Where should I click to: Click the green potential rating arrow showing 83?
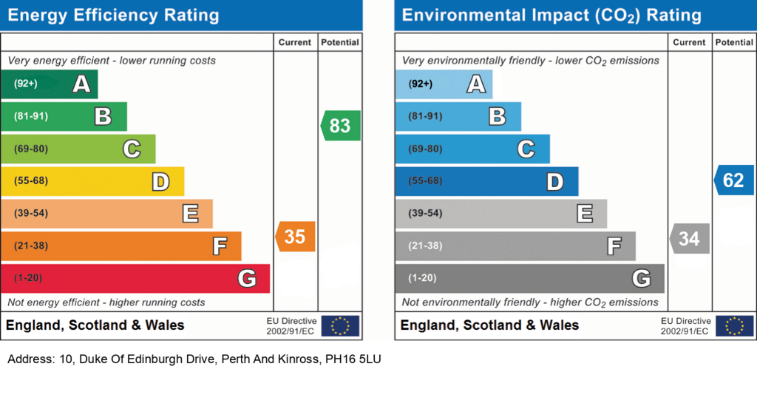[340, 126]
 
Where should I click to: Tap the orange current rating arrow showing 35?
[295, 237]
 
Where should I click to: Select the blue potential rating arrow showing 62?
[734, 180]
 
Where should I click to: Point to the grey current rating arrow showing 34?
[690, 238]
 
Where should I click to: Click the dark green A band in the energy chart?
[50, 84]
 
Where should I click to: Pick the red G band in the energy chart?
[135, 278]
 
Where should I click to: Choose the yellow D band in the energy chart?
[92, 181]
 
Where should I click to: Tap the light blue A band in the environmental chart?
[444, 84]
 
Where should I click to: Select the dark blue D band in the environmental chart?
[486, 181]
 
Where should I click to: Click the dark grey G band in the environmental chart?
[529, 278]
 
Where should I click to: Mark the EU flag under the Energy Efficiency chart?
[340, 326]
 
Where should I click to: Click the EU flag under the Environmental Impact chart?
[735, 326]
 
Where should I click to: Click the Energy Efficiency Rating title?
[113, 15]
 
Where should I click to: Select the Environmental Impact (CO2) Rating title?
[551, 16]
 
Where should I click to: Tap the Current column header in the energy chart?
[294, 42]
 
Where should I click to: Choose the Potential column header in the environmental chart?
[734, 42]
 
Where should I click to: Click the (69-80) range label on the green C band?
[31, 149]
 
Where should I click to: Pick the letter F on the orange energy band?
[220, 246]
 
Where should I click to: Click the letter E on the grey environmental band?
[585, 214]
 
